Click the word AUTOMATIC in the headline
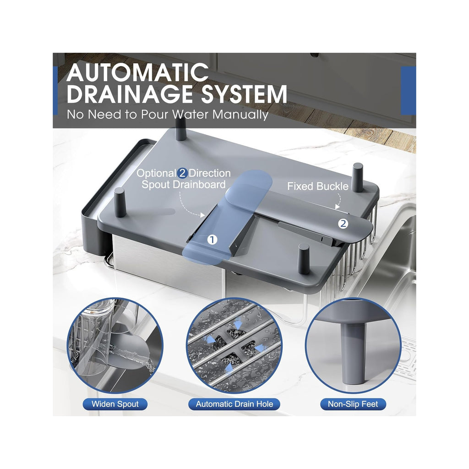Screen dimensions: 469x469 click(137, 72)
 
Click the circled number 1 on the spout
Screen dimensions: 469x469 click(212, 240)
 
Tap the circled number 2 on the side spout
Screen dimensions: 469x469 click(343, 224)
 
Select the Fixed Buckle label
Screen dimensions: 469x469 click(318, 186)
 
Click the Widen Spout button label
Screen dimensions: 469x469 click(115, 404)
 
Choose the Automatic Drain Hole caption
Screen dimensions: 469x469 click(234, 404)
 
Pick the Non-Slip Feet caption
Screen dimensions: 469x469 click(353, 404)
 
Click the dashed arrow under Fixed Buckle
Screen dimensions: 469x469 click(339, 199)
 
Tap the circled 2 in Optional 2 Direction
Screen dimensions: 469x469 click(182, 174)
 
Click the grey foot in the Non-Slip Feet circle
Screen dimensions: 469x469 click(354, 353)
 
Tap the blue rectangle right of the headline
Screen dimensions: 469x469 click(408, 90)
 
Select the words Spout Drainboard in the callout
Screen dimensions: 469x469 click(183, 185)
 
